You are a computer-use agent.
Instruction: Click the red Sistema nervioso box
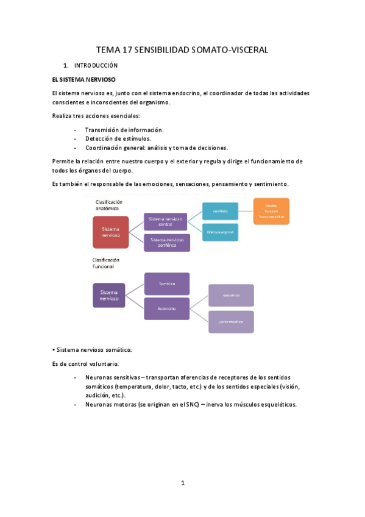pos(111,232)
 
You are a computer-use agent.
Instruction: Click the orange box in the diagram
pos(271,212)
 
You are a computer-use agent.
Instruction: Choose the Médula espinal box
pos(220,232)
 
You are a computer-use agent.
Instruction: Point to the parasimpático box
pos(231,321)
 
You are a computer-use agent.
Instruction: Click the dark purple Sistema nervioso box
pos(109,295)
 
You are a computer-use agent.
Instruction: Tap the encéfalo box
pos(220,212)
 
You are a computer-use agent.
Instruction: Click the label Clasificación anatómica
pos(109,205)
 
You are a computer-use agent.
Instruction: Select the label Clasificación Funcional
pos(106,263)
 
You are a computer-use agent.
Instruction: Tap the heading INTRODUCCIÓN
pos(96,65)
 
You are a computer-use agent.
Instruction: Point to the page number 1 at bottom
pos(182,483)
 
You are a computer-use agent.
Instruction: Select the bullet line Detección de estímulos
pos(118,138)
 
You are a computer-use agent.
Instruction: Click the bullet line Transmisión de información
pos(124,129)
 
